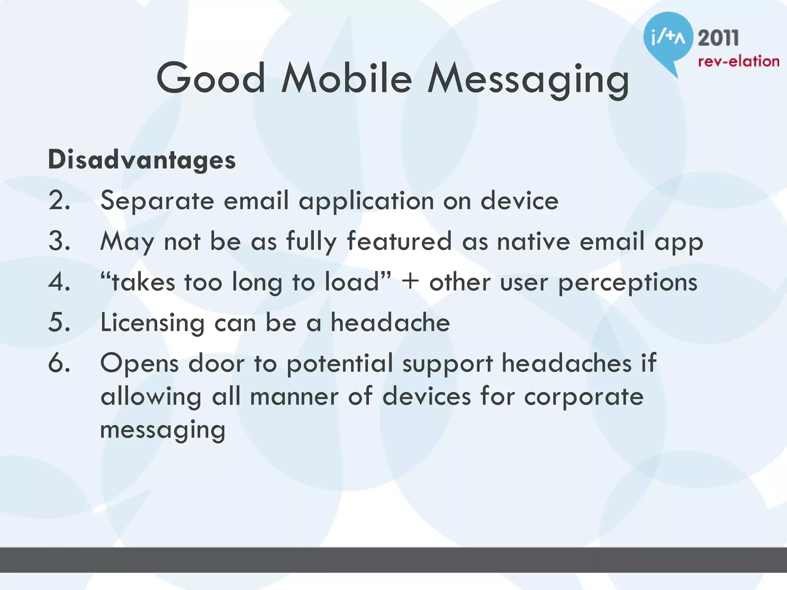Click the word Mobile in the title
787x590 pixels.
point(347,79)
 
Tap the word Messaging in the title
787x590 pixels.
point(528,81)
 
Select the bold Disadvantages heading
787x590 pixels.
point(141,160)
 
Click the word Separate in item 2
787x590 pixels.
point(157,201)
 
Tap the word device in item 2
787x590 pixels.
point(519,201)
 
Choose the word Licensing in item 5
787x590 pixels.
point(152,323)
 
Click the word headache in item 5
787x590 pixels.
point(390,323)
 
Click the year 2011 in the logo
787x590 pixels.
point(718,38)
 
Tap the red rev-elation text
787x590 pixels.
point(738,61)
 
